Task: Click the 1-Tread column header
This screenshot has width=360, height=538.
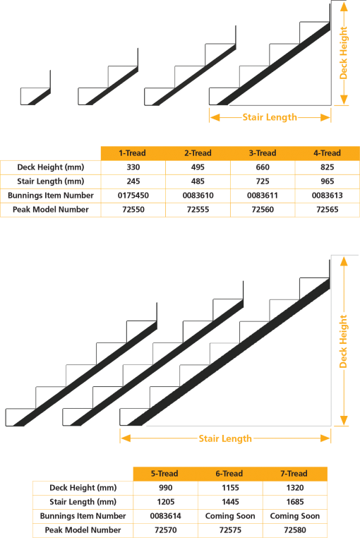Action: pos(133,153)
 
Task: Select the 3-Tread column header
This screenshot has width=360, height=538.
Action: pos(263,153)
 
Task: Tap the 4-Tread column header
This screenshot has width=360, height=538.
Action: pos(327,153)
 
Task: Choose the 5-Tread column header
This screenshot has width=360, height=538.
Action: pos(164,474)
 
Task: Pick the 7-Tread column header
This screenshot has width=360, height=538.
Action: pos(294,474)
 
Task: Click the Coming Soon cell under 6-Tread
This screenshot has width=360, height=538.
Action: pos(229,516)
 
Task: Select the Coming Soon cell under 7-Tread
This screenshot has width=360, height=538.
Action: pos(294,516)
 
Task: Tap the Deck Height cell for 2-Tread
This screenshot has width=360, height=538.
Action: pos(198,167)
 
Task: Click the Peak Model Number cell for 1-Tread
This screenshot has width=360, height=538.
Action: pos(133,210)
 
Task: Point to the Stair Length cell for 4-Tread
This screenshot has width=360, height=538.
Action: pos(327,181)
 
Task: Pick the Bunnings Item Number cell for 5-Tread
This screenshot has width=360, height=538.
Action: pos(164,516)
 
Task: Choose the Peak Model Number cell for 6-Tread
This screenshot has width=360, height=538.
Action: pos(229,530)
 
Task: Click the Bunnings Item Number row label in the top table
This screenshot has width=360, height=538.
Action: pos(50,196)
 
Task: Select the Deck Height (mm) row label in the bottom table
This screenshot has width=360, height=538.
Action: pos(82,488)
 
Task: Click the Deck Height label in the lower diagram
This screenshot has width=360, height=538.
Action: pos(344,341)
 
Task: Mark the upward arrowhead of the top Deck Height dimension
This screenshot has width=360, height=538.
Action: pos(344,6)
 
